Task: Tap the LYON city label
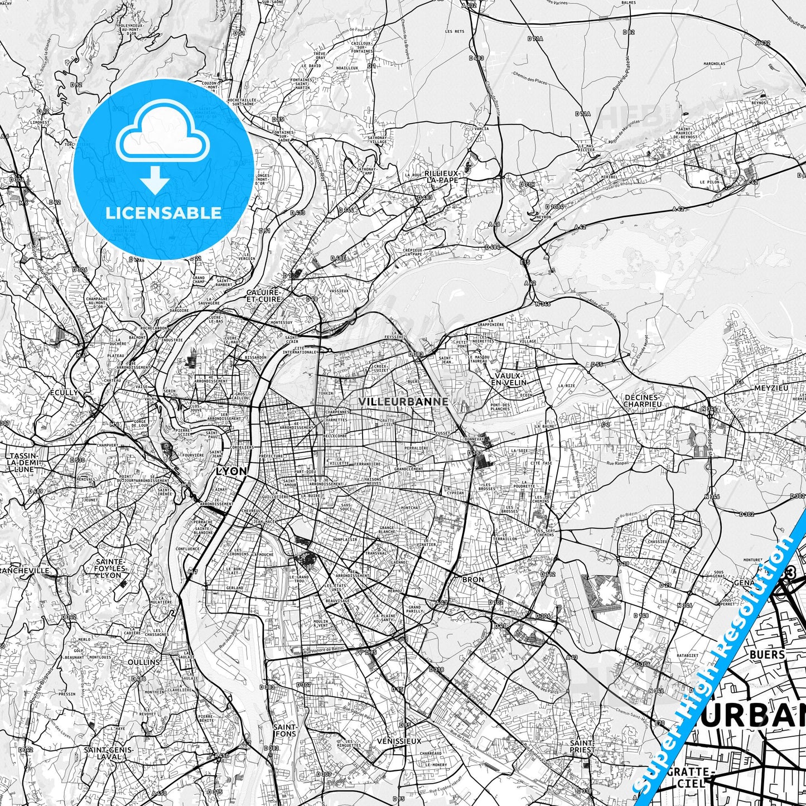tap(231, 471)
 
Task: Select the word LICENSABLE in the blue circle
tap(163, 213)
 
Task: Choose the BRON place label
tap(473, 580)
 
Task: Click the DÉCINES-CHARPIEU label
tap(642, 400)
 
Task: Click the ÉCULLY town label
tap(64, 393)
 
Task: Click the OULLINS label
tap(144, 662)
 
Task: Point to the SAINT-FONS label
tap(284, 730)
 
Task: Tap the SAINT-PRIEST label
tap(582, 746)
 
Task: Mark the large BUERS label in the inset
tap(768, 654)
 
